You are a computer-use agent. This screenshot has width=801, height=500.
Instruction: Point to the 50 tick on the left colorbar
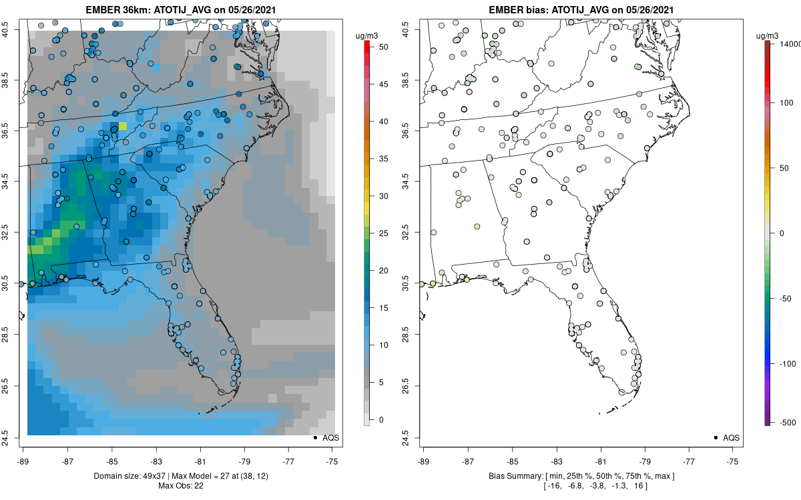click(378, 47)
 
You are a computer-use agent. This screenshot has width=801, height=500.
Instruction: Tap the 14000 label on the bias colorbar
click(789, 43)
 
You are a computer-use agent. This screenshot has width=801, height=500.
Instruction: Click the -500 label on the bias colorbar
click(788, 422)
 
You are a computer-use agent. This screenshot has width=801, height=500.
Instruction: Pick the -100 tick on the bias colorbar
click(788, 364)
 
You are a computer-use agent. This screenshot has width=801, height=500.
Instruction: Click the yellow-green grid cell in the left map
click(123, 125)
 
